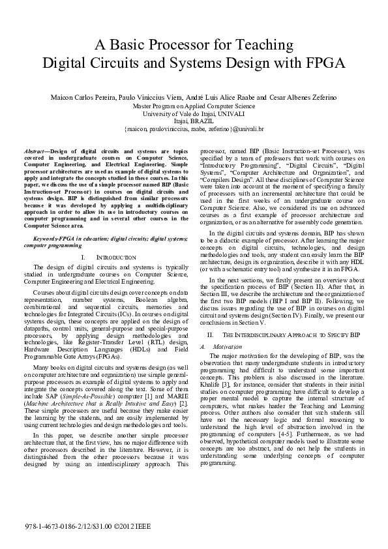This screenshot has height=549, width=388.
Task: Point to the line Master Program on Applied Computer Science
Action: [x=194, y=106]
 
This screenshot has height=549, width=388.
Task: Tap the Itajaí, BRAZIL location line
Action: [x=194, y=121]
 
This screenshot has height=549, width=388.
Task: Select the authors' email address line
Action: [x=194, y=129]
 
